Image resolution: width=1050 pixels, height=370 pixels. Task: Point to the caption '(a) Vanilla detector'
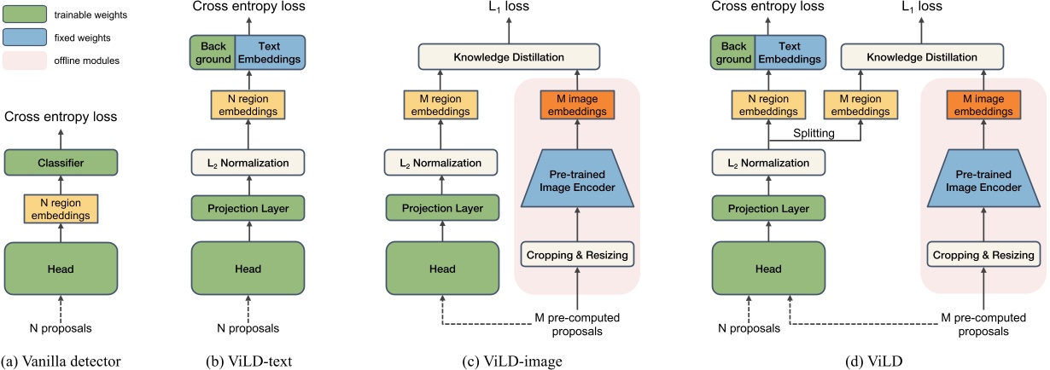pyautogui.click(x=61, y=361)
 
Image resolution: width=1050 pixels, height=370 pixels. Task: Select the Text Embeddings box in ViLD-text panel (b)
pyautogui.click(x=271, y=51)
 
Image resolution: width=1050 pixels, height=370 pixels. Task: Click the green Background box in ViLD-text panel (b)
pyautogui.click(x=211, y=51)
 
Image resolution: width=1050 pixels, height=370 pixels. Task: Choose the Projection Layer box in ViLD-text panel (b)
pyautogui.click(x=247, y=207)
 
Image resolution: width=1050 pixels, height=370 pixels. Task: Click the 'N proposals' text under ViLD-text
pyautogui.click(x=248, y=327)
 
